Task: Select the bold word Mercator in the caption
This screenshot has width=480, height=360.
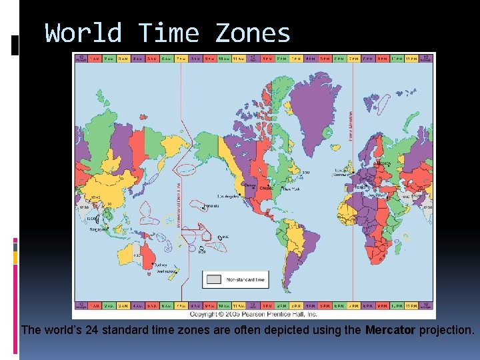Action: [390, 330]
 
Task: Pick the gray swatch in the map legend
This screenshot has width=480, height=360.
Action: [213, 280]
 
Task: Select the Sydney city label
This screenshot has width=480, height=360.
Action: [164, 265]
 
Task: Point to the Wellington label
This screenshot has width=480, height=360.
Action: [166, 272]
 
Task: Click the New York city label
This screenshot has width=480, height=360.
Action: [291, 189]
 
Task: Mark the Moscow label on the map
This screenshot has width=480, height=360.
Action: [384, 163]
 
